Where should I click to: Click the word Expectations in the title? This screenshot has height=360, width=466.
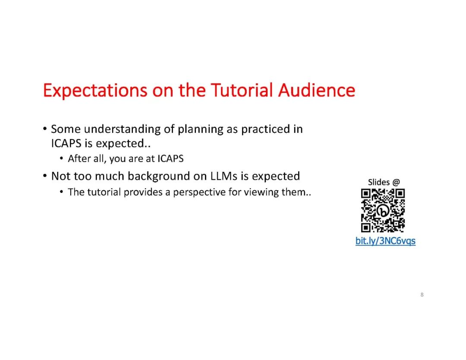[x=95, y=90]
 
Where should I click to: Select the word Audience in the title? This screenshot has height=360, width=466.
[x=317, y=90]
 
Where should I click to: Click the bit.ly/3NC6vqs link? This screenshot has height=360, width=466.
[x=385, y=241]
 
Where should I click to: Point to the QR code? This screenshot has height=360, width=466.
[x=383, y=210]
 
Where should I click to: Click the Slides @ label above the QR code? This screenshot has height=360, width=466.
[x=384, y=182]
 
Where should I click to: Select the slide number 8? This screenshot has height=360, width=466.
[x=422, y=294]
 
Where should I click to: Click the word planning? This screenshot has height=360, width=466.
[x=200, y=129]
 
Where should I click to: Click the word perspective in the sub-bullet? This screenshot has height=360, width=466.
[x=199, y=193]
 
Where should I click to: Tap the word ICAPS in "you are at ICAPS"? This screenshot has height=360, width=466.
[x=170, y=158]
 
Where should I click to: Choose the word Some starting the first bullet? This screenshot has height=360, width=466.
[x=66, y=129]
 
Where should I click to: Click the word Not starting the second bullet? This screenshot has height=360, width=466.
[x=61, y=176]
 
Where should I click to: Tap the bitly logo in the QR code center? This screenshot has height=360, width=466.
[x=383, y=211]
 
